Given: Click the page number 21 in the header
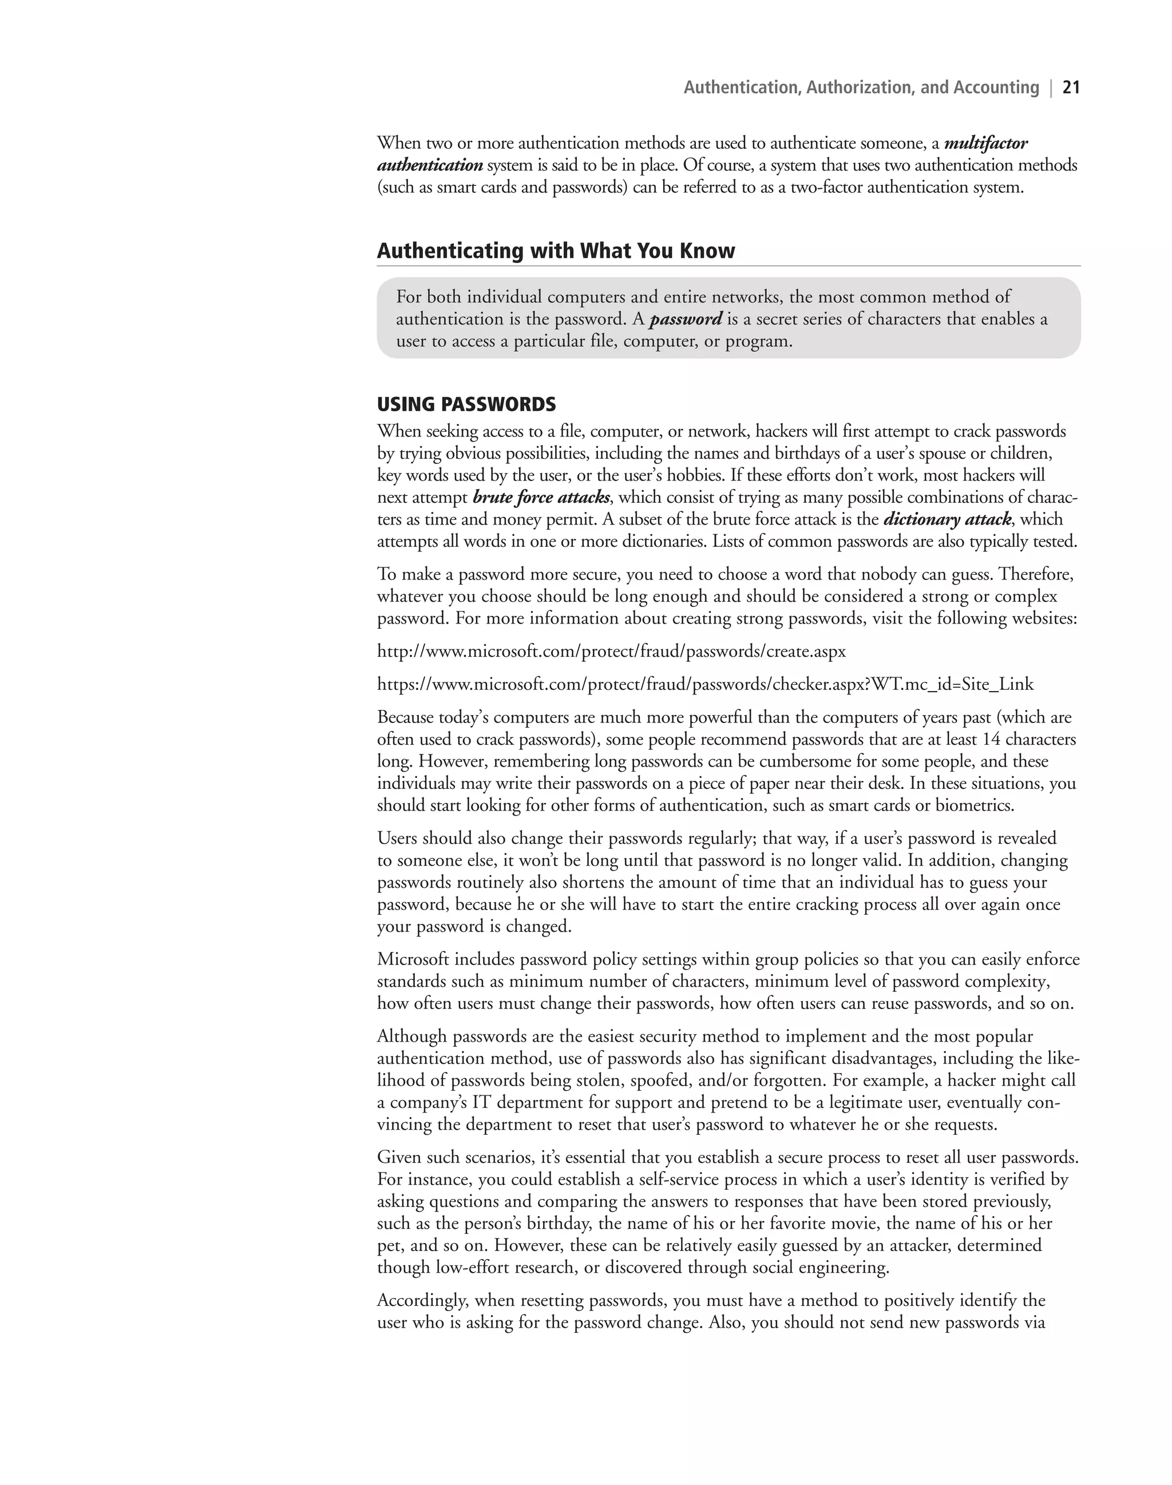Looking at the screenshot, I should tap(1071, 88).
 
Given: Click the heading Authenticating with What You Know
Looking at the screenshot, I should tap(555, 251).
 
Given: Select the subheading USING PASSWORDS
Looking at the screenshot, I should tap(466, 404).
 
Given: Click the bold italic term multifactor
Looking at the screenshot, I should tap(985, 144).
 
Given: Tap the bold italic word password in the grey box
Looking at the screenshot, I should tap(686, 320).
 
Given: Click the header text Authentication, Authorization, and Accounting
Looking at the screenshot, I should tap(861, 88).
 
